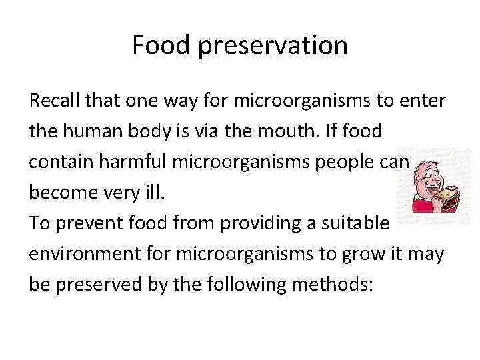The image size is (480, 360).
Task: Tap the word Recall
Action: point(55,101)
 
